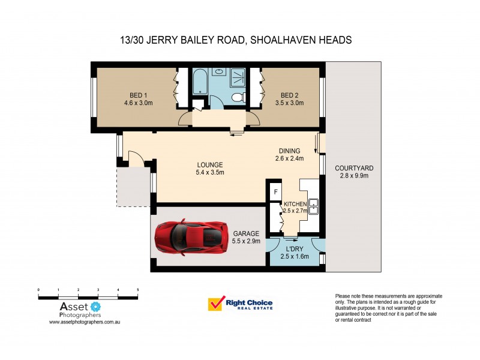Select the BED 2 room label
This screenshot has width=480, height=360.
click(289, 95)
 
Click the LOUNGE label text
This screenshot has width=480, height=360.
click(210, 165)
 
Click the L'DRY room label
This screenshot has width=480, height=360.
click(294, 248)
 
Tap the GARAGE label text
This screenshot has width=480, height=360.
click(245, 233)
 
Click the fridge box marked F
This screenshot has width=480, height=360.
click(275, 192)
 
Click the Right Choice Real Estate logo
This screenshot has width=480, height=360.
click(239, 304)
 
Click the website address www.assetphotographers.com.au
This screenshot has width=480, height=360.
click(85, 322)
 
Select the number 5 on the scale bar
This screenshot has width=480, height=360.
click(138, 290)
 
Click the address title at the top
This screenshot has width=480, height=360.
click(236, 40)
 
